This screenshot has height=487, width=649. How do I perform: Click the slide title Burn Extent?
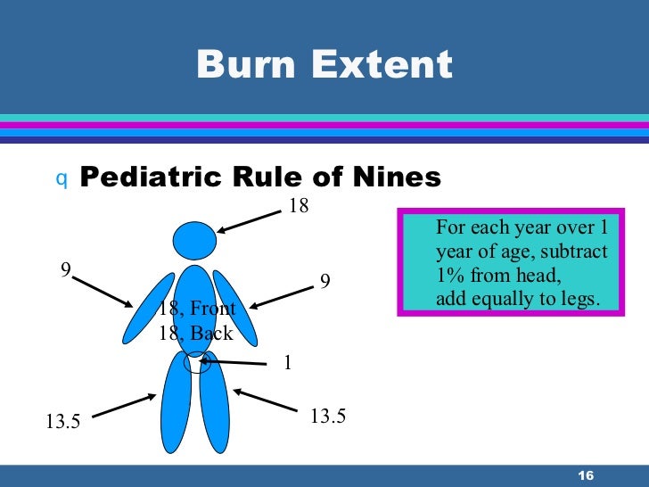pos(324,65)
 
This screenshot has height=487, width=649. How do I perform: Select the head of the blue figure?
pos(194,240)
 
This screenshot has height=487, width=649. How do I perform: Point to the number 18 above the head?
pos(299,206)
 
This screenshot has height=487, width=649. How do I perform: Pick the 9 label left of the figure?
pos(65,268)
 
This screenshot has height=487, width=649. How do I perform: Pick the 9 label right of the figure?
pos(325,281)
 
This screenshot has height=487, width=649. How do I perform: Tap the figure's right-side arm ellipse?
pos(234,308)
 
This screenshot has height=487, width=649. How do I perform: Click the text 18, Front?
pos(197,309)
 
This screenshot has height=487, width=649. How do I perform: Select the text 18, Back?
pos(195,334)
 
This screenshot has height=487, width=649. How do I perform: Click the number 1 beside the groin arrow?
pos(288,364)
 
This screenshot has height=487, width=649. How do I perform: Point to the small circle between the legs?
pos(194,362)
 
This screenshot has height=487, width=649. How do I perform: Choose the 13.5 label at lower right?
pos(327,415)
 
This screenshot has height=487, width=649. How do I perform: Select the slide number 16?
pos(586,474)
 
